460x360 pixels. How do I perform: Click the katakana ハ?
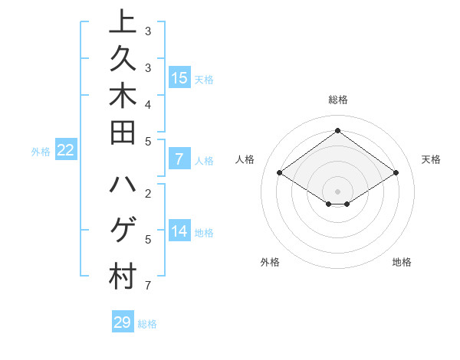[x=122, y=186]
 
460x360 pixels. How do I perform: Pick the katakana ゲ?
[x=122, y=230]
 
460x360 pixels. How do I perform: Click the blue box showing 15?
[x=179, y=77]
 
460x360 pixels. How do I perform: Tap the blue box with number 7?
[x=179, y=159]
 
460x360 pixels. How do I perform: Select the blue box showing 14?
[x=179, y=231]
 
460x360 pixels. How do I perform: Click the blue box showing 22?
[x=65, y=150]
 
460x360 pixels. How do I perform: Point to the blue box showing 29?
[x=123, y=322]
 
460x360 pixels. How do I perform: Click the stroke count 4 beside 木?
[x=147, y=104]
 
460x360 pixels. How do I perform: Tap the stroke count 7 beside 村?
[x=147, y=286]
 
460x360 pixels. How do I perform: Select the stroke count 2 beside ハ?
[x=147, y=193]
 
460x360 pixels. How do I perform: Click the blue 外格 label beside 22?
[x=41, y=152]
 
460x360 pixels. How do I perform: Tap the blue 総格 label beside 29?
[x=147, y=324]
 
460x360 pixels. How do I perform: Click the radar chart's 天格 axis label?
[x=431, y=159]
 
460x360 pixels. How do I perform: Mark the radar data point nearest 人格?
[x=280, y=173]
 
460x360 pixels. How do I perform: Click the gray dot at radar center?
[x=337, y=191]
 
